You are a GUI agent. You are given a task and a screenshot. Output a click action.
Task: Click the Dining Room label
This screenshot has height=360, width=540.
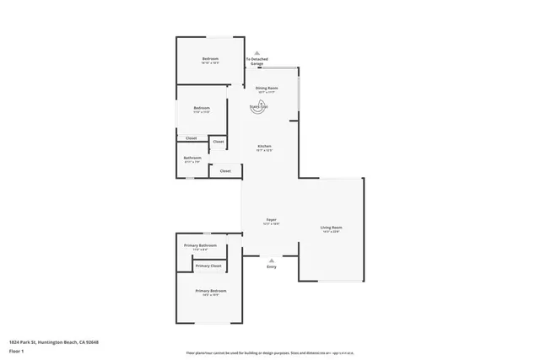(267, 88)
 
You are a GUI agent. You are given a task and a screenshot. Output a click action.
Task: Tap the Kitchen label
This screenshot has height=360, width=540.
(265, 147)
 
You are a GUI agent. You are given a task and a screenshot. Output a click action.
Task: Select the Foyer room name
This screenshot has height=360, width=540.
(272, 220)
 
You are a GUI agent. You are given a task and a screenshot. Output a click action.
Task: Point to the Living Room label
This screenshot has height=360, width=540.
(331, 228)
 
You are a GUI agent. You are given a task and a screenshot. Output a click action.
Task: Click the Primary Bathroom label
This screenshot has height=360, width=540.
(200, 245)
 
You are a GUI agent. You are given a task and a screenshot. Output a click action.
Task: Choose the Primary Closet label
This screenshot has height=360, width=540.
(208, 266)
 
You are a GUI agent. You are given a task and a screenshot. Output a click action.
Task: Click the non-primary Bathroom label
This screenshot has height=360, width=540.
(192, 158)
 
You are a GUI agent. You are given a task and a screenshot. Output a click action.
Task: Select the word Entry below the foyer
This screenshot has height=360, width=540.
(272, 267)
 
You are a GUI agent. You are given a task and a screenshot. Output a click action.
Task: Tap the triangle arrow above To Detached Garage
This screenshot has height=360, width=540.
(257, 52)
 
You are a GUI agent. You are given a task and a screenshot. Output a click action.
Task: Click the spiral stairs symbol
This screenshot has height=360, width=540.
(259, 106)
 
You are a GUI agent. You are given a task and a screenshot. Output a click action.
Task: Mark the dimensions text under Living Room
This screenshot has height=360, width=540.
(331, 232)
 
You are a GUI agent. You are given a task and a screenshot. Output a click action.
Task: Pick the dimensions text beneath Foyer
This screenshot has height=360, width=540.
(272, 224)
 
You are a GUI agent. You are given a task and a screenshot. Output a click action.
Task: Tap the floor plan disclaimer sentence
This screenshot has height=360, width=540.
(269, 352)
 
